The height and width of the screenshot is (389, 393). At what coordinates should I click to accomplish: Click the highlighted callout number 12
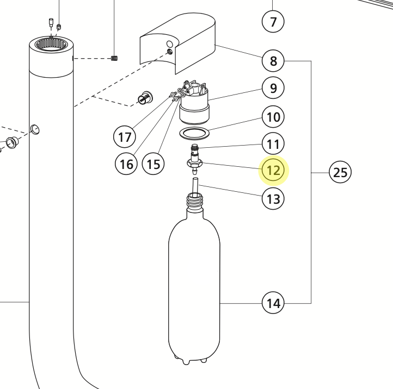point(273,171)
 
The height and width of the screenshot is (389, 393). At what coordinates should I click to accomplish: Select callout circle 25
point(340,173)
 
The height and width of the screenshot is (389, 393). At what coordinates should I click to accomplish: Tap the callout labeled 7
point(273,22)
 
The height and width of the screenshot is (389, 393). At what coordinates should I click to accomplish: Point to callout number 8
point(273,61)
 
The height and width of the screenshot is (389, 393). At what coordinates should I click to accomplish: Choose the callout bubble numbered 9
point(273,87)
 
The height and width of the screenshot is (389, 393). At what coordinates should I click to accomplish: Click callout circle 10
point(273,116)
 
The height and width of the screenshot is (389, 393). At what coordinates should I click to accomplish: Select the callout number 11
point(273,145)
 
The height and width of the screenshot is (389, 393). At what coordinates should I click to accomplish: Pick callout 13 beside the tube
point(273,199)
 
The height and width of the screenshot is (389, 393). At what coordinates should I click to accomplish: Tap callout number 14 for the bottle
point(273,302)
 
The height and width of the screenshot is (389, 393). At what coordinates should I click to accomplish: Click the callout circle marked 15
point(153,164)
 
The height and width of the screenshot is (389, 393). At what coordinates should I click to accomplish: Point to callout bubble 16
point(126,164)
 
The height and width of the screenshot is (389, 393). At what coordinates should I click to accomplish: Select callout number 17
point(125,136)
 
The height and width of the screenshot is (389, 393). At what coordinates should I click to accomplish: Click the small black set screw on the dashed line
point(114,58)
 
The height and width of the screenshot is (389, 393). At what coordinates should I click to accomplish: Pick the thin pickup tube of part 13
point(195,184)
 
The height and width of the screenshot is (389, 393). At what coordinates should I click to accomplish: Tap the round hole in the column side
point(35,129)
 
